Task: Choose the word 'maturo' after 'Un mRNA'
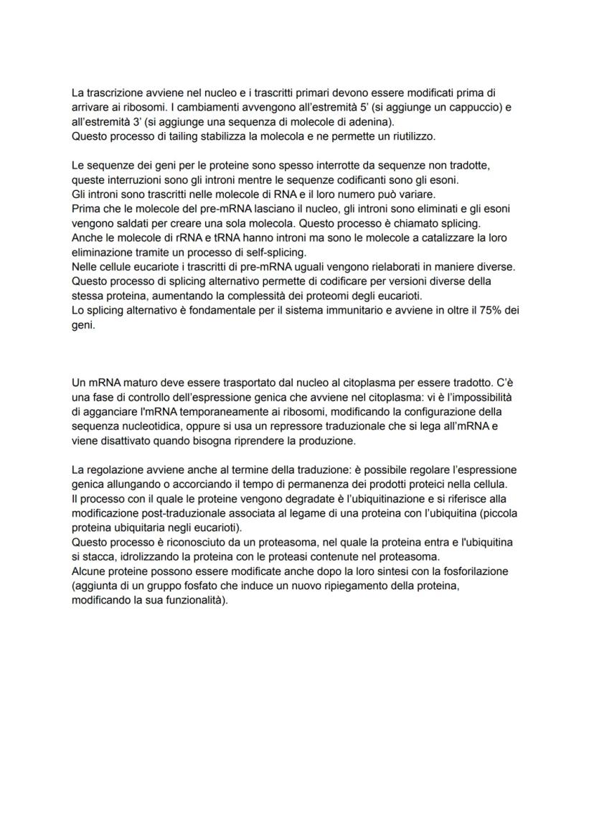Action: click(x=143, y=383)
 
